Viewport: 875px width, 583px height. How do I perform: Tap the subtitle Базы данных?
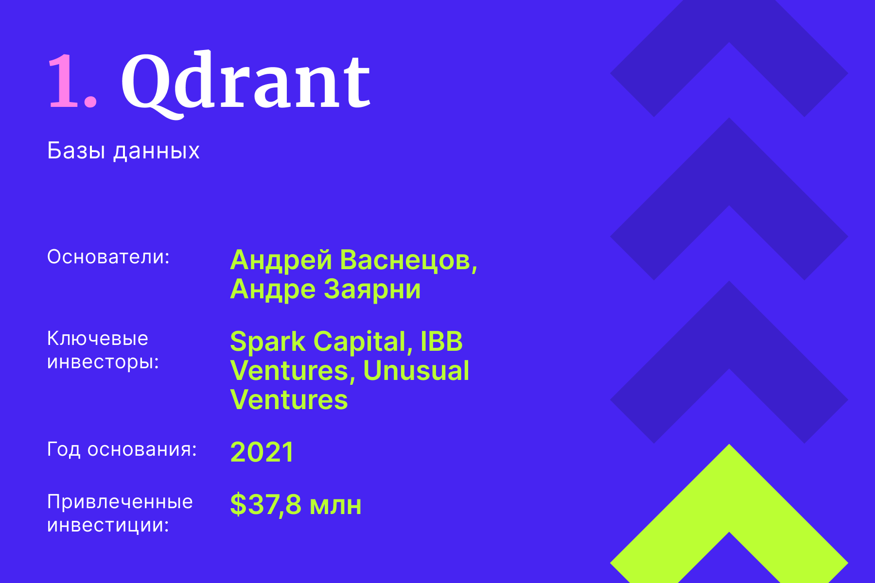123,151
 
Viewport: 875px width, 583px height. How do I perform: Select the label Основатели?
108,257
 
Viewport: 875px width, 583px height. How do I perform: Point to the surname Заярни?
372,290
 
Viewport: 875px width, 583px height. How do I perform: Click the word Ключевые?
97,338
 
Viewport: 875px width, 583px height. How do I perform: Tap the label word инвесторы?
103,362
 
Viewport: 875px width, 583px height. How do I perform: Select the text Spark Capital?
318,342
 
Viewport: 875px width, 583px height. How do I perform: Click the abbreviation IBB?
441,342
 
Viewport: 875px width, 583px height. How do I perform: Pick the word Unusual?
416,371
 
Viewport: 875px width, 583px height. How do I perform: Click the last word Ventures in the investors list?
289,400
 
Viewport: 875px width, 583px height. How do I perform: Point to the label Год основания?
122,449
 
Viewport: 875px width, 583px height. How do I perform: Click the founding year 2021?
262,452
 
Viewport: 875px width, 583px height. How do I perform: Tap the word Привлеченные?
120,501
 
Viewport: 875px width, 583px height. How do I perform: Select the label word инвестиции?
108,525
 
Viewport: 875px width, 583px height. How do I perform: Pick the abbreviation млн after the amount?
335,506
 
